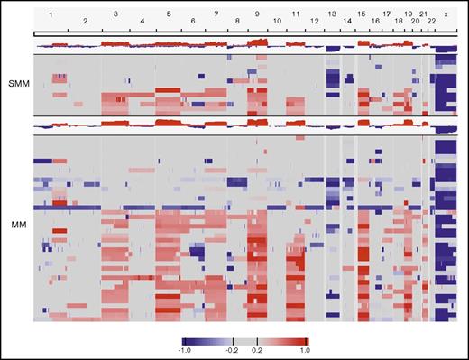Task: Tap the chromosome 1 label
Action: click(51, 15)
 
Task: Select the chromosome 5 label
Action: click(169, 15)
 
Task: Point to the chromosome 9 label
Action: click(257, 15)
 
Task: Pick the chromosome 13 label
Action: click(332, 15)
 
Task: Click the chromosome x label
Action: click(446, 15)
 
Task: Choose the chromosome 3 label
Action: click(115, 15)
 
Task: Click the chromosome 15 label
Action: click(361, 15)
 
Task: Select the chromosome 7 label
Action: click(216, 15)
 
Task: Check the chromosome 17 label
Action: click(386, 15)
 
